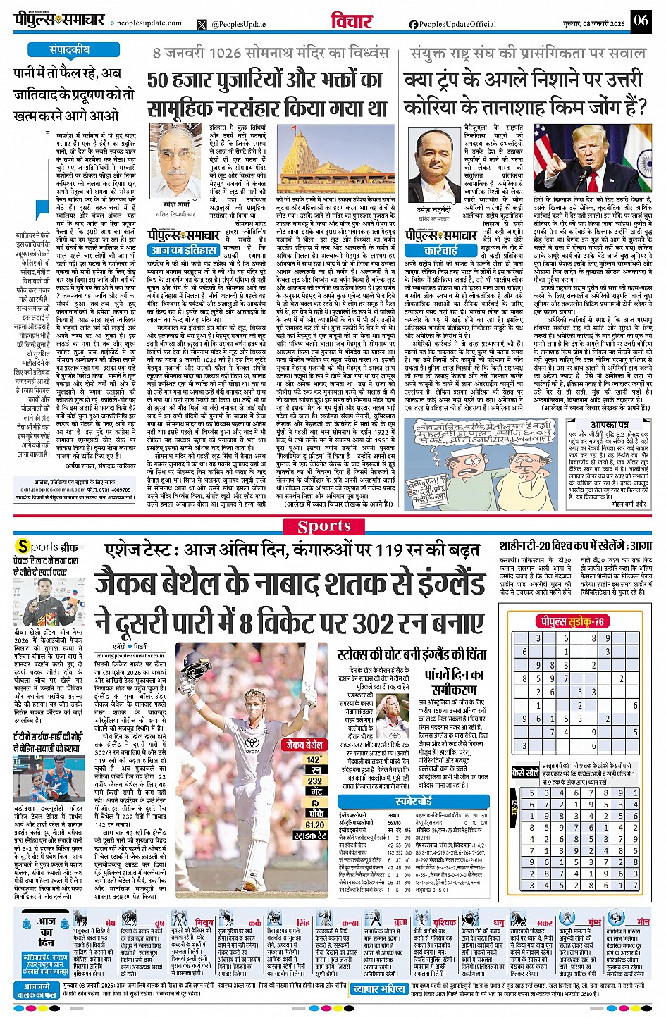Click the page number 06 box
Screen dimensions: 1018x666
click(640, 20)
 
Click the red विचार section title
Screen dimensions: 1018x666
click(351, 21)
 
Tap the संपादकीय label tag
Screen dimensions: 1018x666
click(69, 50)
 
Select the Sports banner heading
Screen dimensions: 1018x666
click(324, 526)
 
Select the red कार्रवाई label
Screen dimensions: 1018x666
click(440, 250)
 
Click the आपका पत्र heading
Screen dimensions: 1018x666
click(609, 426)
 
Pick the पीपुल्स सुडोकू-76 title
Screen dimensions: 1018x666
click(571, 621)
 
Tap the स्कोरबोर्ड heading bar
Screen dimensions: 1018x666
click(414, 801)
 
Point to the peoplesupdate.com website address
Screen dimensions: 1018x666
click(149, 23)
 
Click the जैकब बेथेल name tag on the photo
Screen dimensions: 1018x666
click(304, 744)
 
